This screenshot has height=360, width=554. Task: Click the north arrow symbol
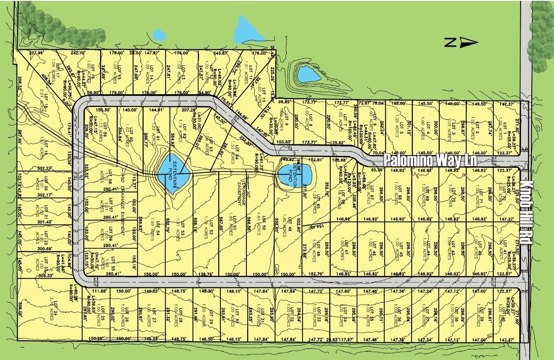click(x=461, y=42)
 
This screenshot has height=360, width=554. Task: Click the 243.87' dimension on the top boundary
click(x=220, y=53)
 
